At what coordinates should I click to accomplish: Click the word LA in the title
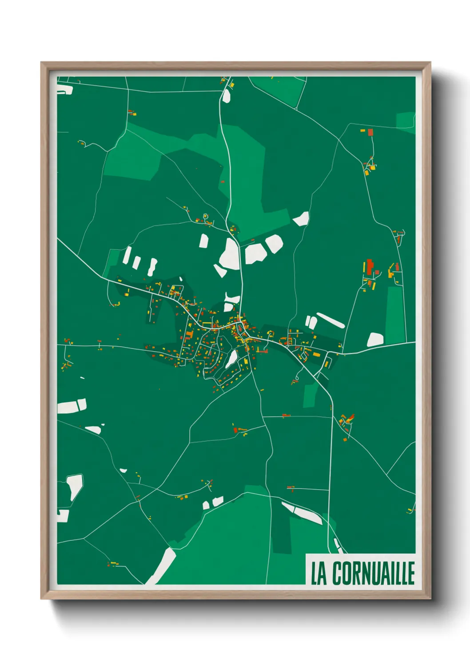(x=319, y=573)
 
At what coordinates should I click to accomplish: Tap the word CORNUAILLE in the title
(x=373, y=573)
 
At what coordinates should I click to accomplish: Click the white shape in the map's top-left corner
(x=65, y=90)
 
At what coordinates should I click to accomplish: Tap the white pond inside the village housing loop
(x=231, y=359)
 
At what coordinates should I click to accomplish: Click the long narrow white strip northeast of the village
(x=330, y=320)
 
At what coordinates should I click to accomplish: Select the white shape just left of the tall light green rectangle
(x=375, y=340)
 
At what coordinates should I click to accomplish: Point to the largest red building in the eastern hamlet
(x=369, y=267)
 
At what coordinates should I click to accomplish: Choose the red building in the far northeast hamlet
(x=370, y=132)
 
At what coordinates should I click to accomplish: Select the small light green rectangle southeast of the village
(x=311, y=395)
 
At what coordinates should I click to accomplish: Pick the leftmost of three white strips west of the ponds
(x=127, y=255)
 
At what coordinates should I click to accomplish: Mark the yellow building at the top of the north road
(x=231, y=84)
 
